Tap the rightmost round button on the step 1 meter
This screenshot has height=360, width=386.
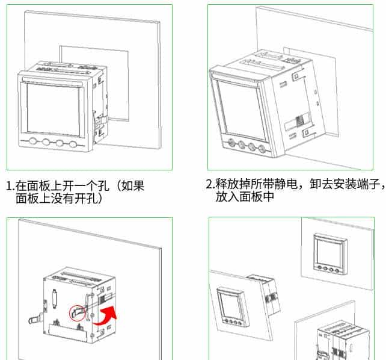[73, 144]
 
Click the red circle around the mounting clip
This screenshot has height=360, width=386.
[77, 311]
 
